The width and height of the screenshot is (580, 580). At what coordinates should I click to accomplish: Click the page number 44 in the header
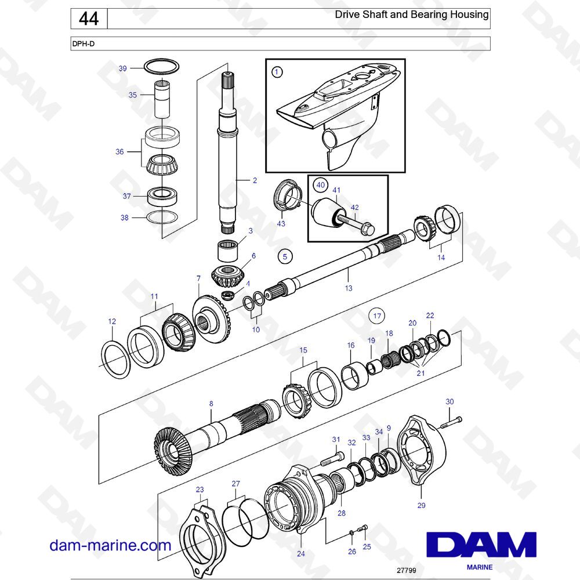pos(88,19)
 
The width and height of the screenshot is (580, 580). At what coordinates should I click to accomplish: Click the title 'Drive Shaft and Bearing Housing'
pos(411,14)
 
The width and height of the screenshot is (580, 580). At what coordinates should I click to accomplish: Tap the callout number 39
pos(122,68)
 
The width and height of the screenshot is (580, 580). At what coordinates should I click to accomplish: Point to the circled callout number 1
pos(277,72)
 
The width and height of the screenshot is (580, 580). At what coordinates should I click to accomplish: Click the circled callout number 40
pos(320,185)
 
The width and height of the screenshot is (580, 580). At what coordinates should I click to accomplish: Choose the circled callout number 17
pos(377,316)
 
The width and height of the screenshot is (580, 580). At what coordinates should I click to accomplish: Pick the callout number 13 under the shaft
pos(348,288)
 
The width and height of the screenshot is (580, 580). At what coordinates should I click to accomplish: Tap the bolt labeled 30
pos(451,422)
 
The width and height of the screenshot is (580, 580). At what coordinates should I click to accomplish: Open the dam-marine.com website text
pos(110,545)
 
